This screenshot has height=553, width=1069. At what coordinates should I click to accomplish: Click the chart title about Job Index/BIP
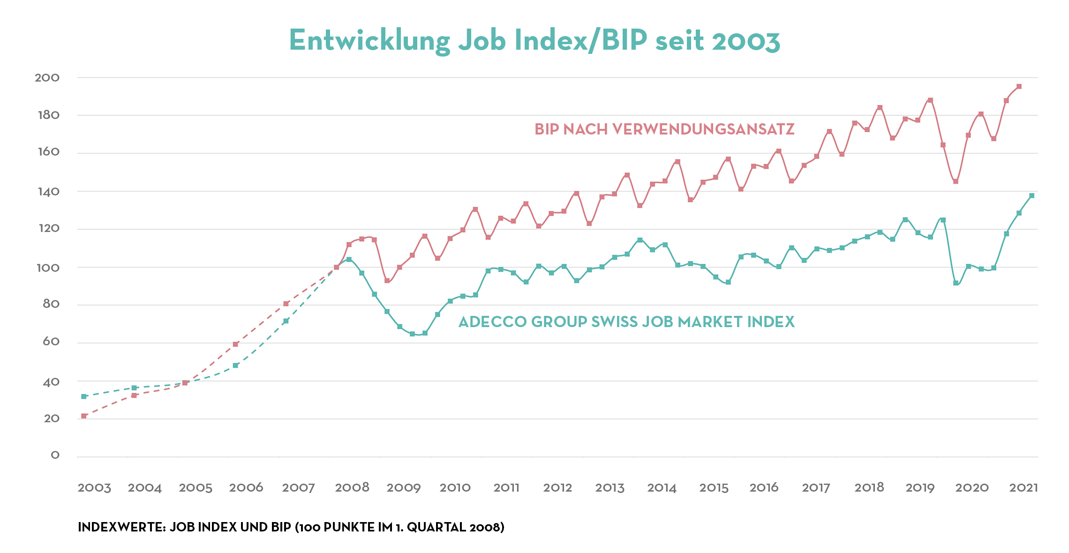534,41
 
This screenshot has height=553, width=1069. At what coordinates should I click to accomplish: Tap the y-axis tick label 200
47,78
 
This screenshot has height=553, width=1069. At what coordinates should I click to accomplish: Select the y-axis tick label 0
55,455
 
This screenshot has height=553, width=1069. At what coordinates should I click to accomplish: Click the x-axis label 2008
352,488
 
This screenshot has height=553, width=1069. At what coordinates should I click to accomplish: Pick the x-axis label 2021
1024,488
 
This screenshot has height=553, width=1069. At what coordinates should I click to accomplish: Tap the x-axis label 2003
94,488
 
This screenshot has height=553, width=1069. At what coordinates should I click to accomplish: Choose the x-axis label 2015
714,488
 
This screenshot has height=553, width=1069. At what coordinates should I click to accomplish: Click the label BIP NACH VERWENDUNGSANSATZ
664,129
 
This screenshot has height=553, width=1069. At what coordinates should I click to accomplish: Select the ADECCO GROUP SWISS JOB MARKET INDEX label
626,322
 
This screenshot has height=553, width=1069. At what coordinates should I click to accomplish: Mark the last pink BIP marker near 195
1019,87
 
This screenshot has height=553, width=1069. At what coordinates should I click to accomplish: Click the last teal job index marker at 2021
1031,196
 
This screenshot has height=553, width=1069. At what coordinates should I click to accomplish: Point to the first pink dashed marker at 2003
84,416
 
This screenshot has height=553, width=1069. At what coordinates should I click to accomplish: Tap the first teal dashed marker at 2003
84,396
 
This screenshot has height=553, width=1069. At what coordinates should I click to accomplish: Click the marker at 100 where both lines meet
336,268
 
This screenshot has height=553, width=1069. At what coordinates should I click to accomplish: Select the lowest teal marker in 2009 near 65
412,334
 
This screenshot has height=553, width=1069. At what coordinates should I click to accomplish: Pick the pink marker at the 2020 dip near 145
956,181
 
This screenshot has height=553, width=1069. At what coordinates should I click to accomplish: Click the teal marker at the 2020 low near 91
956,283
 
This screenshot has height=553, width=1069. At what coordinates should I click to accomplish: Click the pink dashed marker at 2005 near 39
185,383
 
